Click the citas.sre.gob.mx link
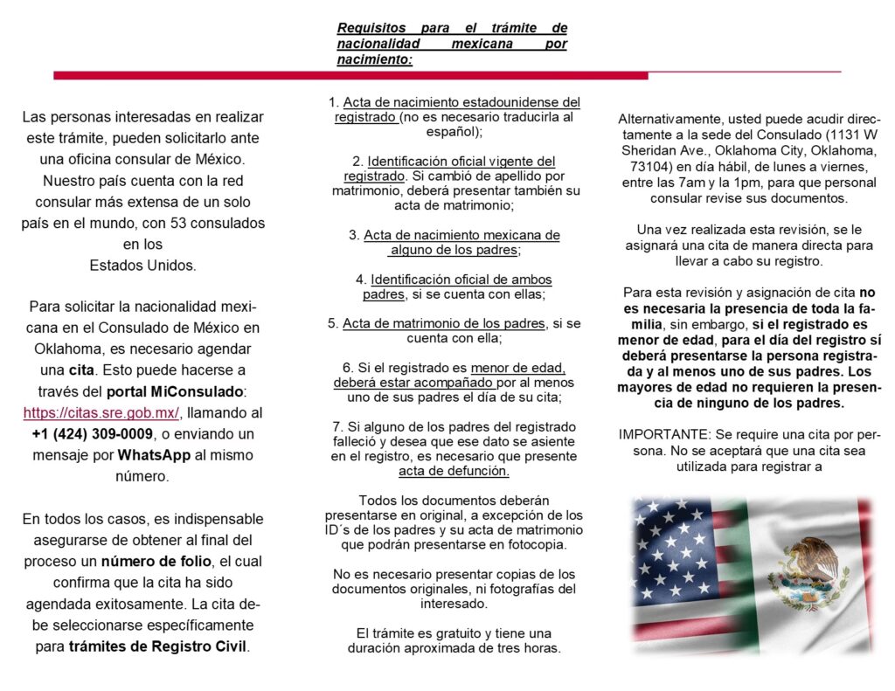[x=101, y=412]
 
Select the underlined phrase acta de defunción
[x=454, y=472]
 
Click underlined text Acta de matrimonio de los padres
[x=444, y=323]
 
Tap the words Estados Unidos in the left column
[x=143, y=265]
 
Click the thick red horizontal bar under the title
[x=350, y=76]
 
